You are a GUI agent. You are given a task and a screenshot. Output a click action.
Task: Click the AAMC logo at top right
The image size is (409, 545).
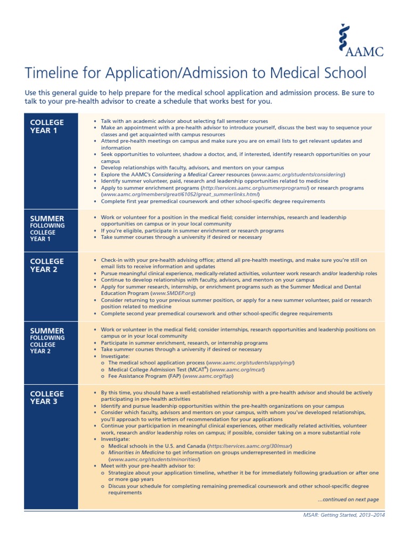click(x=363, y=40)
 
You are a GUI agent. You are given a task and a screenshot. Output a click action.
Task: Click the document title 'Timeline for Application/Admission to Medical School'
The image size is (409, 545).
click(x=195, y=73)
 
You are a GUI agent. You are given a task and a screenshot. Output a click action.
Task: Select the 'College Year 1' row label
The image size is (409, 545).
click(x=47, y=127)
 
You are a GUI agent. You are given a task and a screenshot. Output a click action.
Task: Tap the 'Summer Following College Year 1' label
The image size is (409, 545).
click(x=47, y=228)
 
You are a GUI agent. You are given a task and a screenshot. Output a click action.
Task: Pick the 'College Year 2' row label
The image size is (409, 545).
click(x=47, y=265)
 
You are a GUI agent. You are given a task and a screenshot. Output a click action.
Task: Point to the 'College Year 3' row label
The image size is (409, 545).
click(x=47, y=398)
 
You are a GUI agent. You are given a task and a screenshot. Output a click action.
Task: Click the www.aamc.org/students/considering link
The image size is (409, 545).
click(x=298, y=175)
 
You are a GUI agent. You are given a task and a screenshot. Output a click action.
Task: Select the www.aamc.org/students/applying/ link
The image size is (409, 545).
click(x=253, y=362)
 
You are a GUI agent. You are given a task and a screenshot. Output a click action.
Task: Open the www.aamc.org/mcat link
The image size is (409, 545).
click(x=238, y=369)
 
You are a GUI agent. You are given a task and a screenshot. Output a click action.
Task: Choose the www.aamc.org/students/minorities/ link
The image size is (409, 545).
click(x=154, y=459)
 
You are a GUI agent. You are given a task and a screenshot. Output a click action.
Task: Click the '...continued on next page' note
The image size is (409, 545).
click(x=348, y=500)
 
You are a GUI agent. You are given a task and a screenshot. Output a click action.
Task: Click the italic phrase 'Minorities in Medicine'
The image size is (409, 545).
click(x=136, y=452)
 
